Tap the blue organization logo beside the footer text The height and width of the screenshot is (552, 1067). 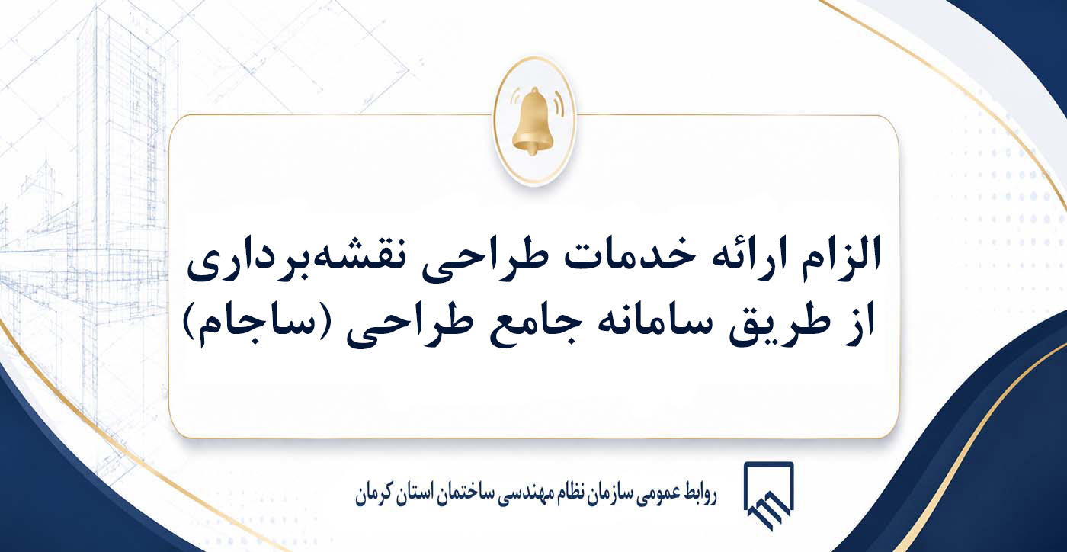(x=768, y=496)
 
